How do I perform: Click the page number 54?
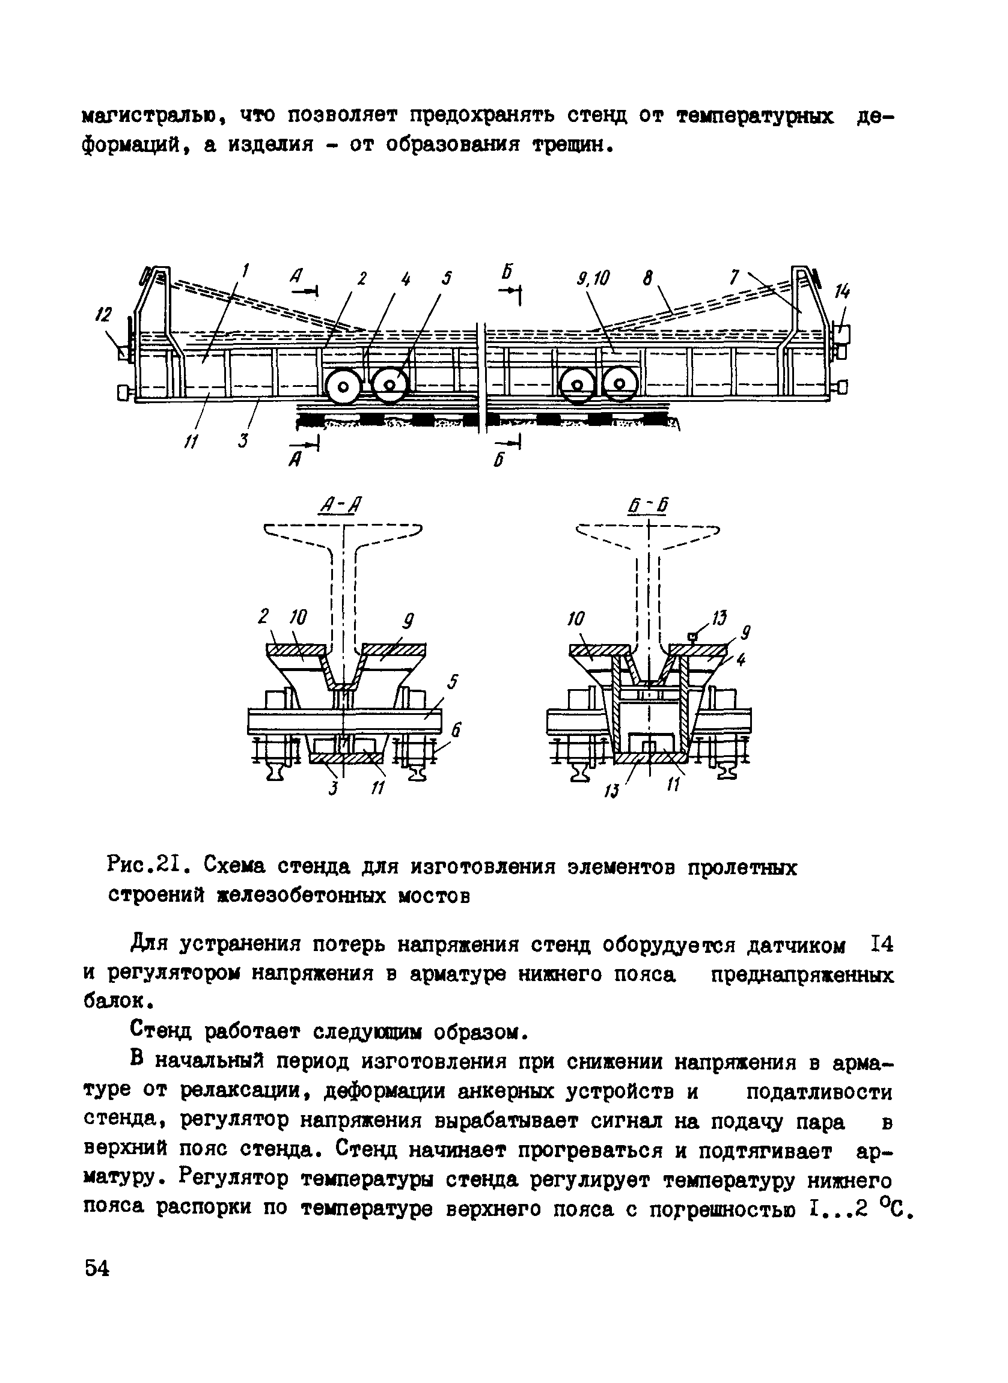(x=97, y=1269)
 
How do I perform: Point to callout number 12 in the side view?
(x=105, y=315)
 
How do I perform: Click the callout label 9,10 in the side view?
(x=593, y=279)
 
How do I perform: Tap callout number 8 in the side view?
(x=648, y=279)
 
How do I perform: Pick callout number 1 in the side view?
(x=245, y=270)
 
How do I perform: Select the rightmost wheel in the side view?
(x=620, y=384)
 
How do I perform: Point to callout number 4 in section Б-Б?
(x=740, y=660)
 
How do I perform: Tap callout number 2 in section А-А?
(x=263, y=617)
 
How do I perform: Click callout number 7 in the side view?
(x=735, y=278)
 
